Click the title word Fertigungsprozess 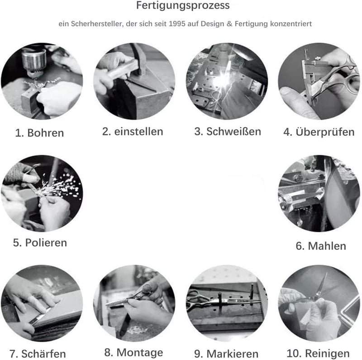pos(183,6)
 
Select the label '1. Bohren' pos(39,133)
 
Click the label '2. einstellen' pos(133,131)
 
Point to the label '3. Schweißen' pos(228,131)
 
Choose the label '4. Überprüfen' pos(319,132)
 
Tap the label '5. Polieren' pos(40,243)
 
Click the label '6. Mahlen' pos(321,246)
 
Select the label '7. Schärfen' pos(38,354)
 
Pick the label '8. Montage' pos(133,353)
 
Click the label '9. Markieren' pos(226,354)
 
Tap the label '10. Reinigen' pos(318,354)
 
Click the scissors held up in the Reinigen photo pos(321,289)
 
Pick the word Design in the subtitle pos(212,24)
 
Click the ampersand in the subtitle pos(229,24)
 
